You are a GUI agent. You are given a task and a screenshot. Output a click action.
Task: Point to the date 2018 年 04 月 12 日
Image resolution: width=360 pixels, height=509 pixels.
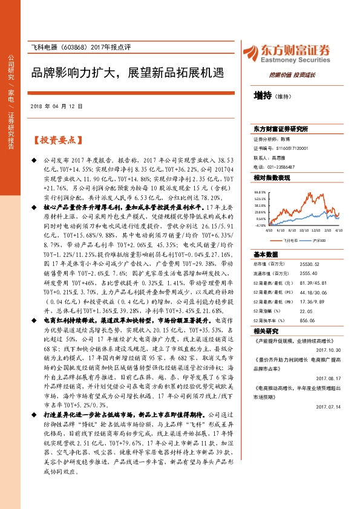[56, 106]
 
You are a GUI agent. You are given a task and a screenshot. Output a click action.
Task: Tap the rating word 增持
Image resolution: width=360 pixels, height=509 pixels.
[262, 95]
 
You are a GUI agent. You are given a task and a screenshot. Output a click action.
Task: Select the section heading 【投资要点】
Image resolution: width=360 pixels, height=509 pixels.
[56, 140]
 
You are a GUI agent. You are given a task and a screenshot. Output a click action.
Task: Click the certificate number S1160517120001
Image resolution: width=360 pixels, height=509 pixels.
[292, 148]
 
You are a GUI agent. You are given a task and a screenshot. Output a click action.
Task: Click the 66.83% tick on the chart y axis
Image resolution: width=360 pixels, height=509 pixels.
[260, 190]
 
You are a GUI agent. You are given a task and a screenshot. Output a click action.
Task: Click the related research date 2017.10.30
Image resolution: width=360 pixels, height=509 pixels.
[329, 349]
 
